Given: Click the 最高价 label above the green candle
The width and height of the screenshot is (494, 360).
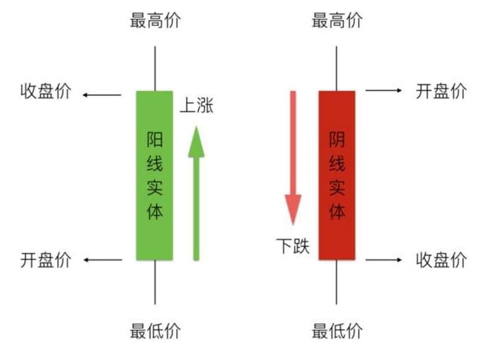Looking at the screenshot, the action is [155, 21].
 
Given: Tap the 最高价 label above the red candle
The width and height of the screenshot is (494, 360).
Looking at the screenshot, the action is [337, 21].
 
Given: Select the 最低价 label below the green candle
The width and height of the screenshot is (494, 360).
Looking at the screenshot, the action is [155, 331].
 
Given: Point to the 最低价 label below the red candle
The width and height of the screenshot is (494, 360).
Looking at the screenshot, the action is [337, 331].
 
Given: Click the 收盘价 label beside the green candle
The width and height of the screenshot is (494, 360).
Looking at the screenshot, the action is [46, 91].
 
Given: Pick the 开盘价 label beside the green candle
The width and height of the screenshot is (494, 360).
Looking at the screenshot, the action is [46, 260].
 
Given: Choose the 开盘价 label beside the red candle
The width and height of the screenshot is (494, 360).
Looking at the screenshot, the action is [441, 91].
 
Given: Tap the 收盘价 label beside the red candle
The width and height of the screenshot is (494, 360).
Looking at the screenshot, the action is [441, 260].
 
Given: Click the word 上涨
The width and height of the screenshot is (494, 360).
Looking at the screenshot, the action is [197, 105].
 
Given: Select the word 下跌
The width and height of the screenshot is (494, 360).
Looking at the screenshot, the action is [293, 245].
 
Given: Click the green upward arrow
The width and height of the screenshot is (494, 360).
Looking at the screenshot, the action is [196, 193].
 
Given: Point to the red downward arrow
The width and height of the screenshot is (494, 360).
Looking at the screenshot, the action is [293, 158].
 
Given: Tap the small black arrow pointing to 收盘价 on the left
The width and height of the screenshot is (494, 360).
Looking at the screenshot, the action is [102, 95].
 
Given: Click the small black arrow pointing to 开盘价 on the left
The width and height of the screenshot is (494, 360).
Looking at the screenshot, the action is [103, 260].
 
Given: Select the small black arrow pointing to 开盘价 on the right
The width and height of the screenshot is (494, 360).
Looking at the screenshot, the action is [384, 91].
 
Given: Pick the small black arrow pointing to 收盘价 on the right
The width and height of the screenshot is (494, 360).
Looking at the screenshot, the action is [384, 260].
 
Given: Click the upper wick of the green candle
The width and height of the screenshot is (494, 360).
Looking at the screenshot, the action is [154, 69].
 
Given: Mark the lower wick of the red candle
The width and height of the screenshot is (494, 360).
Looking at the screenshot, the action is [336, 283].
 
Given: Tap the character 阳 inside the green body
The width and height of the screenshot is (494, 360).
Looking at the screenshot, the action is [154, 139].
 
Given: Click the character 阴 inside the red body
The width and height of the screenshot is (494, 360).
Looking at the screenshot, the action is [337, 139].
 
